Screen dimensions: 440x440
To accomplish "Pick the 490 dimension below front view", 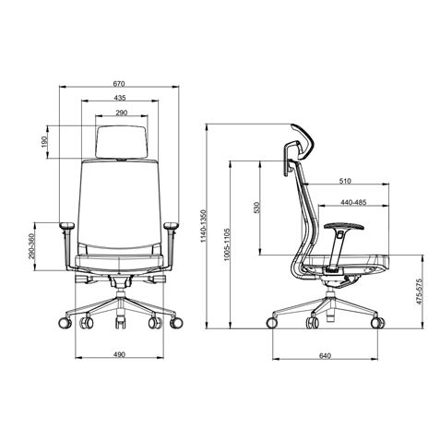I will [x=119, y=354].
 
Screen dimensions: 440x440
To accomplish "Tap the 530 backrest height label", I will [x=256, y=208].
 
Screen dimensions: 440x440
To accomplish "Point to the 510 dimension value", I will [x=345, y=181].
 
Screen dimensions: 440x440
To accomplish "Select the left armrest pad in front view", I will [x=66, y=225].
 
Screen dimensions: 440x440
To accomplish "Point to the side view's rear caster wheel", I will [x=274, y=323].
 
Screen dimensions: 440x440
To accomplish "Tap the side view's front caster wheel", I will [x=377, y=323].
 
